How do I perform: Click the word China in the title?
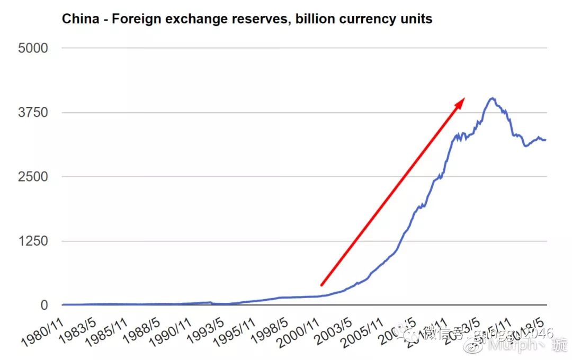point(79,19)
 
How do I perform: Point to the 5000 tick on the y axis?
point(33,48)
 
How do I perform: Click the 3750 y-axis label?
point(33,113)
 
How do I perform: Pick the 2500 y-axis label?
point(33,177)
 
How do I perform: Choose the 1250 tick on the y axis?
point(33,241)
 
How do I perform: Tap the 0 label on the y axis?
point(43,305)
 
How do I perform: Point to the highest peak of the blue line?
point(492,98)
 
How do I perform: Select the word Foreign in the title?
point(131,19)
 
